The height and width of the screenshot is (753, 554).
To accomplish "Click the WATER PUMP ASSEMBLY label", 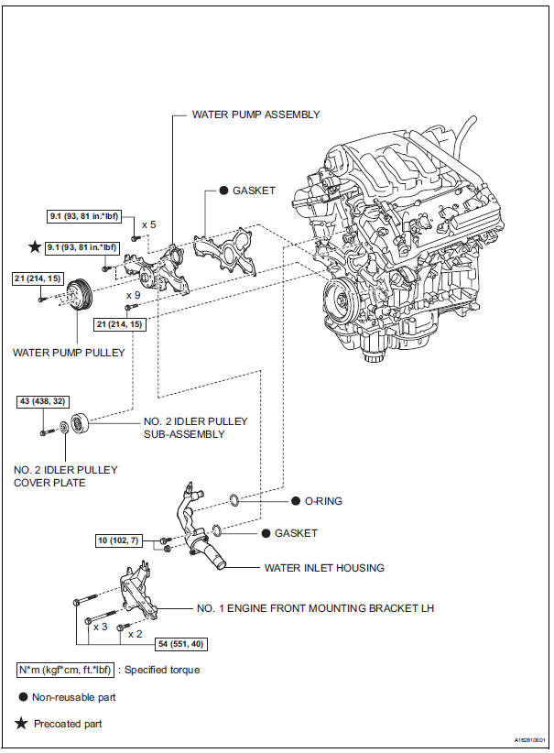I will [255, 115].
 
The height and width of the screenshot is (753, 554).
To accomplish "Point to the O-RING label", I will [317, 502].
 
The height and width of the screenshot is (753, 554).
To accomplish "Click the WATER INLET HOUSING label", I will [324, 568].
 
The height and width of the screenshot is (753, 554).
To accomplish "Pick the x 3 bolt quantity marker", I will [101, 627].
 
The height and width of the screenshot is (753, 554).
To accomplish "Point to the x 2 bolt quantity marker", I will [135, 633].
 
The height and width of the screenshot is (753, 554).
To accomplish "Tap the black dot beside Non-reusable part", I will [22, 697].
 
